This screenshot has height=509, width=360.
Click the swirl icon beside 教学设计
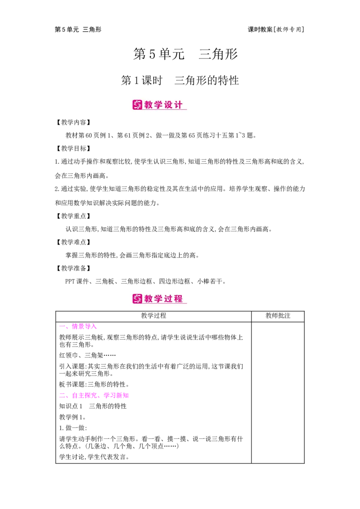[x=137, y=105]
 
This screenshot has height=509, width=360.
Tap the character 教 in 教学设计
[x=149, y=105]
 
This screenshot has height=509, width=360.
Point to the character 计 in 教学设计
[x=179, y=105]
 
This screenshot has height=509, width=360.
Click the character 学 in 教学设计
[x=159, y=105]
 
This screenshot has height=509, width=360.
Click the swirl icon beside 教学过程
[x=137, y=299]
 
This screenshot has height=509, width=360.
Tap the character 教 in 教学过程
[x=149, y=299]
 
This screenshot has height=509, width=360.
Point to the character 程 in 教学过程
[x=179, y=299]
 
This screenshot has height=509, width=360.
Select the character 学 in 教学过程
[x=159, y=299]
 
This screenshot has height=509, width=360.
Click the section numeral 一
[x=62, y=327]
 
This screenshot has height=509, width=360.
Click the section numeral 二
[x=62, y=396]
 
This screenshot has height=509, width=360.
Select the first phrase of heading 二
[x=85, y=396]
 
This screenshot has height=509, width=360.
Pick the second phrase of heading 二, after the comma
[x=116, y=396]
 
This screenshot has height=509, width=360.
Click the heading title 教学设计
[x=164, y=105]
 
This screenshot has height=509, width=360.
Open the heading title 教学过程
[x=164, y=299]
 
